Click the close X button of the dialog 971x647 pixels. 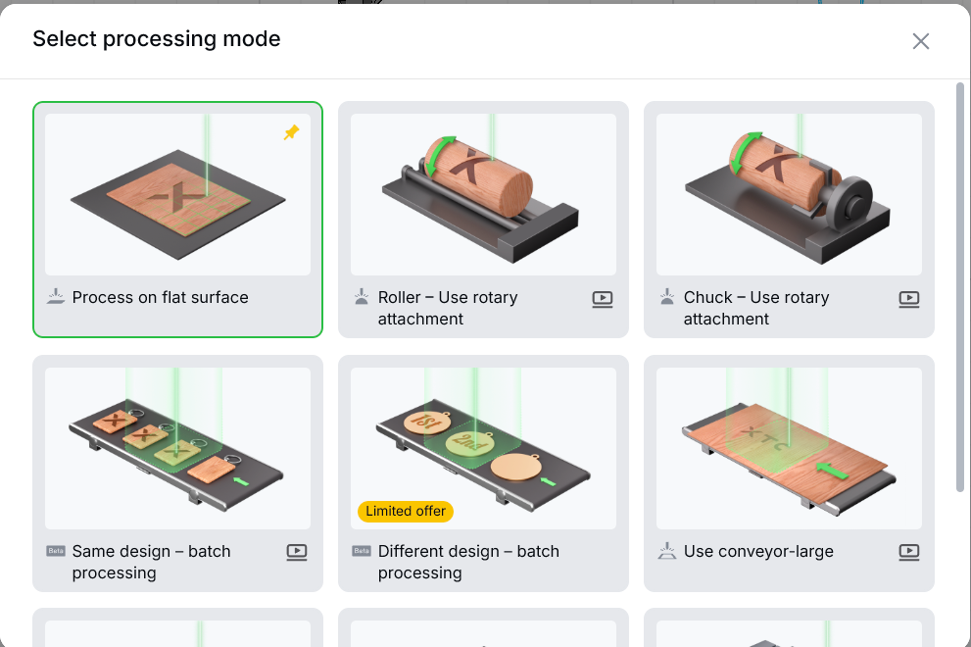tap(921, 41)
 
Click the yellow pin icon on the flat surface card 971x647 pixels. tap(291, 132)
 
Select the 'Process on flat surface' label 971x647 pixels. tap(161, 297)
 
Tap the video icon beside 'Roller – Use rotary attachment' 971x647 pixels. tap(602, 299)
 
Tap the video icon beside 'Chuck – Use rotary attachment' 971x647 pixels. tap(908, 299)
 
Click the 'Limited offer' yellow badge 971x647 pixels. tap(406, 512)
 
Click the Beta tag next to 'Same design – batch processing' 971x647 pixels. tap(56, 551)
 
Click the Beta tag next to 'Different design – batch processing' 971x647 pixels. tap(362, 551)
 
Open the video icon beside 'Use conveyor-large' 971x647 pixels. tap(908, 552)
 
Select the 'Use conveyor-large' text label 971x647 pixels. tap(758, 552)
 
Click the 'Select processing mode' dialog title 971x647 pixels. tap(157, 39)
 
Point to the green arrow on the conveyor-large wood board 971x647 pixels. tap(831, 471)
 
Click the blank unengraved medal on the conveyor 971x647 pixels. tap(515, 466)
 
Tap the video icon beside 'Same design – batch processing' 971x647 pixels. tap(297, 552)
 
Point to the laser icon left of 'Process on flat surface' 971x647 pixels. tap(56, 297)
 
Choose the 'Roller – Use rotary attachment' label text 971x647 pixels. tap(448, 308)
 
